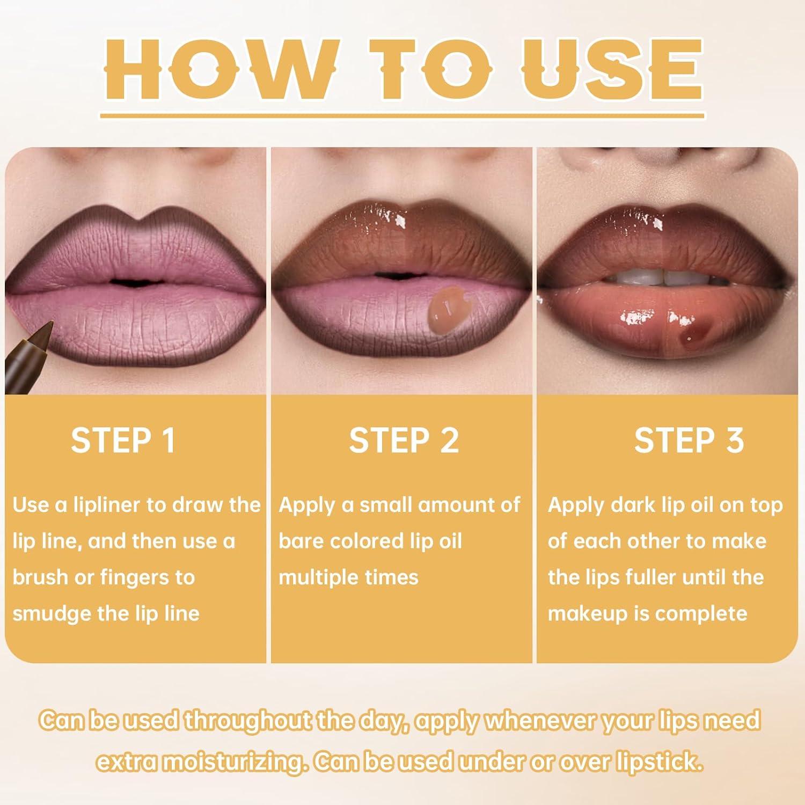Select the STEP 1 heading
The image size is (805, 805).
point(123,441)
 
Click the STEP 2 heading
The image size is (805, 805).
point(404,441)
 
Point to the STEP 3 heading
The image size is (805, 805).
point(689,441)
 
